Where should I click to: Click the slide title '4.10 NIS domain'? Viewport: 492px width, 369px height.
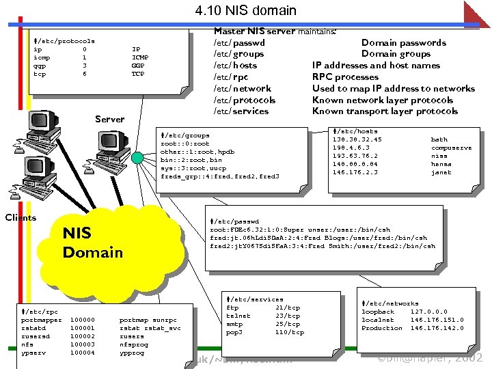tap(245, 10)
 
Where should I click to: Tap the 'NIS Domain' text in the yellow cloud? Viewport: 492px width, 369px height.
tap(92, 243)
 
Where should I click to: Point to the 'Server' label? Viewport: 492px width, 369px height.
tap(109, 119)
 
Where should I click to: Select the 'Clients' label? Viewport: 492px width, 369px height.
tap(20, 218)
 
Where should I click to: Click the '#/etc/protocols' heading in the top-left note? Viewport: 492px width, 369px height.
tap(64, 41)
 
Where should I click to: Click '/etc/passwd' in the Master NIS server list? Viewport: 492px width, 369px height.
tap(239, 42)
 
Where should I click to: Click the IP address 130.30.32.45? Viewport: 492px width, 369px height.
tap(357, 139)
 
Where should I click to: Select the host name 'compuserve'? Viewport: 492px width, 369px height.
tap(451, 148)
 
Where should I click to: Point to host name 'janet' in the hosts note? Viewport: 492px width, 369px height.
tap(441, 172)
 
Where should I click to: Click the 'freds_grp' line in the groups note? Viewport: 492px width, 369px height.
tap(219, 176)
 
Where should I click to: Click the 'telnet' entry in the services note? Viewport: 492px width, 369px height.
tap(238, 316)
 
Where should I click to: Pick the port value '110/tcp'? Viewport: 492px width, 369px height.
tap(289, 332)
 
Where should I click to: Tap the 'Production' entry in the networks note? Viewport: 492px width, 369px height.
tap(381, 328)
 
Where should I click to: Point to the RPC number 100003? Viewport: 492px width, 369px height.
tap(83, 344)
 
